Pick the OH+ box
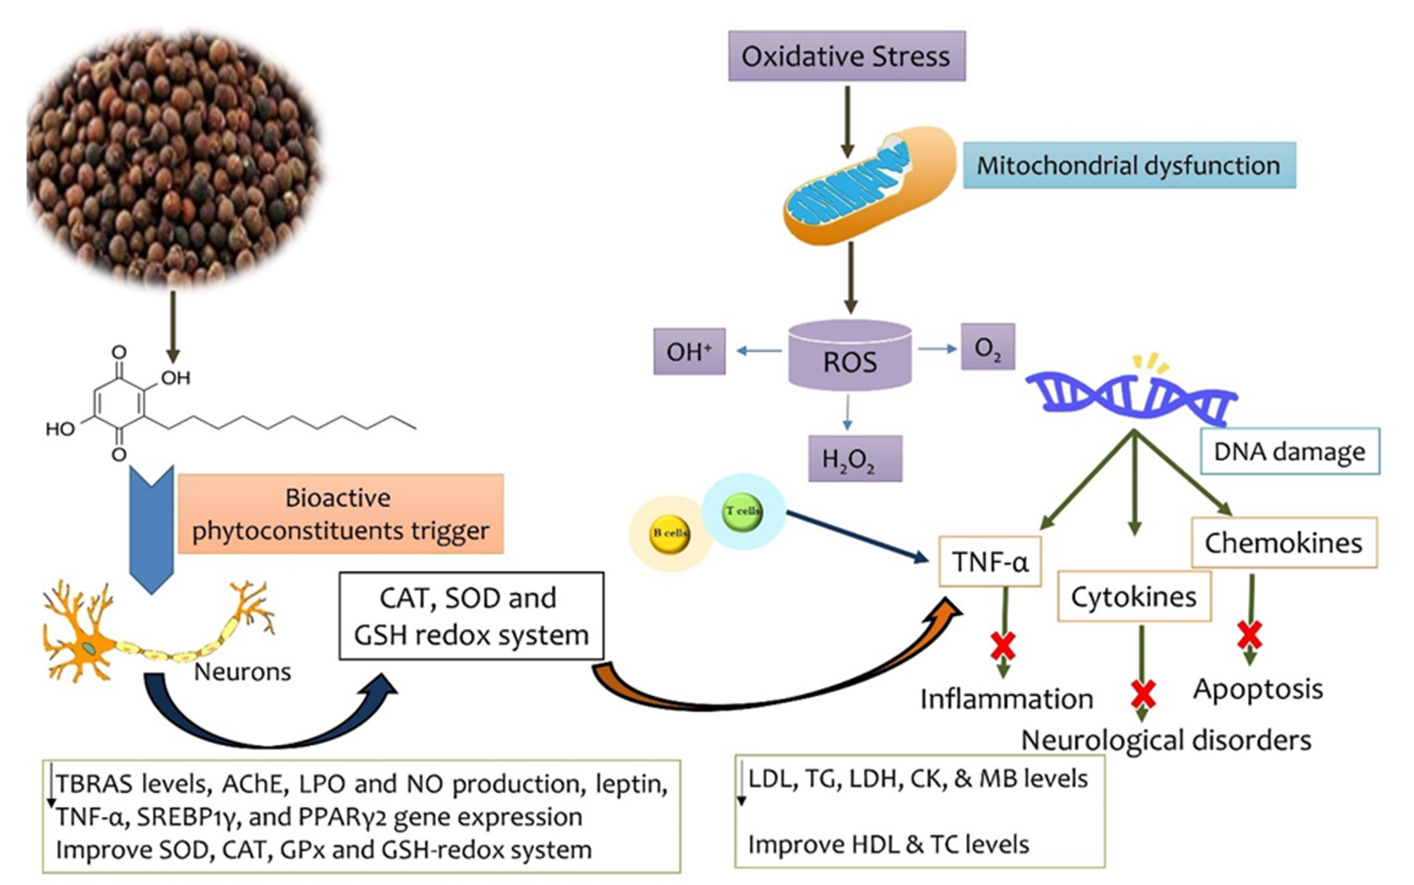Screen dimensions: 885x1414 pyautogui.click(x=689, y=352)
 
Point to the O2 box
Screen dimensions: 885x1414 pyautogui.click(x=988, y=347)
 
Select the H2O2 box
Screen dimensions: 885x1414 pyautogui.click(x=855, y=459)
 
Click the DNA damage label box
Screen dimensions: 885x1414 pyautogui.click(x=1289, y=451)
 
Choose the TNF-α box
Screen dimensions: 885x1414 pyautogui.click(x=990, y=561)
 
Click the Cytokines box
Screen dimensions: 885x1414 pyautogui.click(x=1134, y=596)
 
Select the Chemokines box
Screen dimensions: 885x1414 pyautogui.click(x=1283, y=543)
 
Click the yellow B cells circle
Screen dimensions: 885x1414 pyautogui.click(x=670, y=533)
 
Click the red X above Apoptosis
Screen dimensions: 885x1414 pyautogui.click(x=1250, y=635)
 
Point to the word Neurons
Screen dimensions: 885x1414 pyautogui.click(x=242, y=672)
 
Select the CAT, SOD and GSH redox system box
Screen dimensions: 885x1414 pyautogui.click(x=471, y=616)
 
